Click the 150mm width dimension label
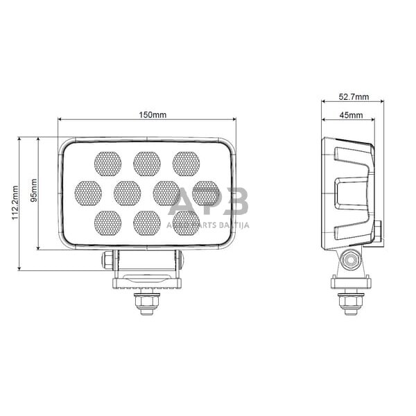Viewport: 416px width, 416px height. [147, 114]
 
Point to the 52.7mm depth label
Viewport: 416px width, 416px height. [354, 96]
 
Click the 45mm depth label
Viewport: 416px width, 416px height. [351, 114]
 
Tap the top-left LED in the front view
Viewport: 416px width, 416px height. [107, 164]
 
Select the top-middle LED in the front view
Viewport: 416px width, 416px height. [147, 164]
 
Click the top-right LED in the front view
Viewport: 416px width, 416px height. [186, 164]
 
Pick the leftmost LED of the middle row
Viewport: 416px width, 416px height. [88, 193]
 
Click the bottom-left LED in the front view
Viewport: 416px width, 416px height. [107, 223]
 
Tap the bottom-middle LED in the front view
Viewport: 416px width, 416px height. [147, 223]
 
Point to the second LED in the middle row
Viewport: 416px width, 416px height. [128, 193]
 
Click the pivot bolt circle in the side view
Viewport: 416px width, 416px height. [351, 262]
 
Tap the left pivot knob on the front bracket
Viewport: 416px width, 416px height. [108, 261]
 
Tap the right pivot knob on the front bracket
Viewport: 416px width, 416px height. [180, 261]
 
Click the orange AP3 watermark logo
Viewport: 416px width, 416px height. [208, 202]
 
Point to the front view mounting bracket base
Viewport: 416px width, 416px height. [146, 281]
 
